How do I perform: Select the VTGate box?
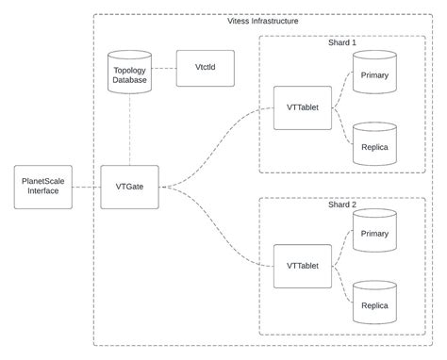click(129, 186)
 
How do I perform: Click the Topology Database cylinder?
click(129, 73)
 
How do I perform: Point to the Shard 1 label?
click(340, 42)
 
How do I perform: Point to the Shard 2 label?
click(340, 205)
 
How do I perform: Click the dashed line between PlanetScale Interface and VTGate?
click(87, 186)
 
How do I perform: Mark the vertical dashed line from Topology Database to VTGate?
click(129, 132)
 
